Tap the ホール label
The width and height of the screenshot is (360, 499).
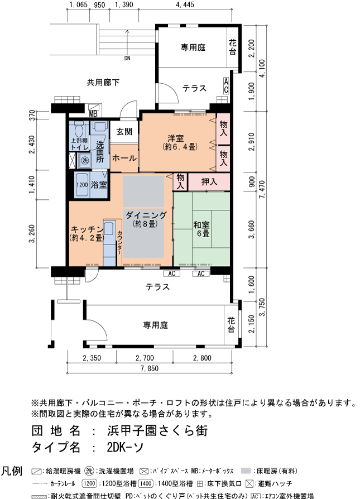click(124, 158)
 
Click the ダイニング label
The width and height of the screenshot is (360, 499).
click(145, 215)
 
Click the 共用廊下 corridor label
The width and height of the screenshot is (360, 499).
click(103, 82)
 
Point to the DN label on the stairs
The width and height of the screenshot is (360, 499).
click(127, 57)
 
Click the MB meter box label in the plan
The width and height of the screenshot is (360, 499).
click(93, 114)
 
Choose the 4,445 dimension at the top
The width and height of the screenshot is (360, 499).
click(184, 5)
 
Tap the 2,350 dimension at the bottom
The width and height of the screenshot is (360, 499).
click(92, 358)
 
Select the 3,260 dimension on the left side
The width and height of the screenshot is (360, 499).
click(33, 233)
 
